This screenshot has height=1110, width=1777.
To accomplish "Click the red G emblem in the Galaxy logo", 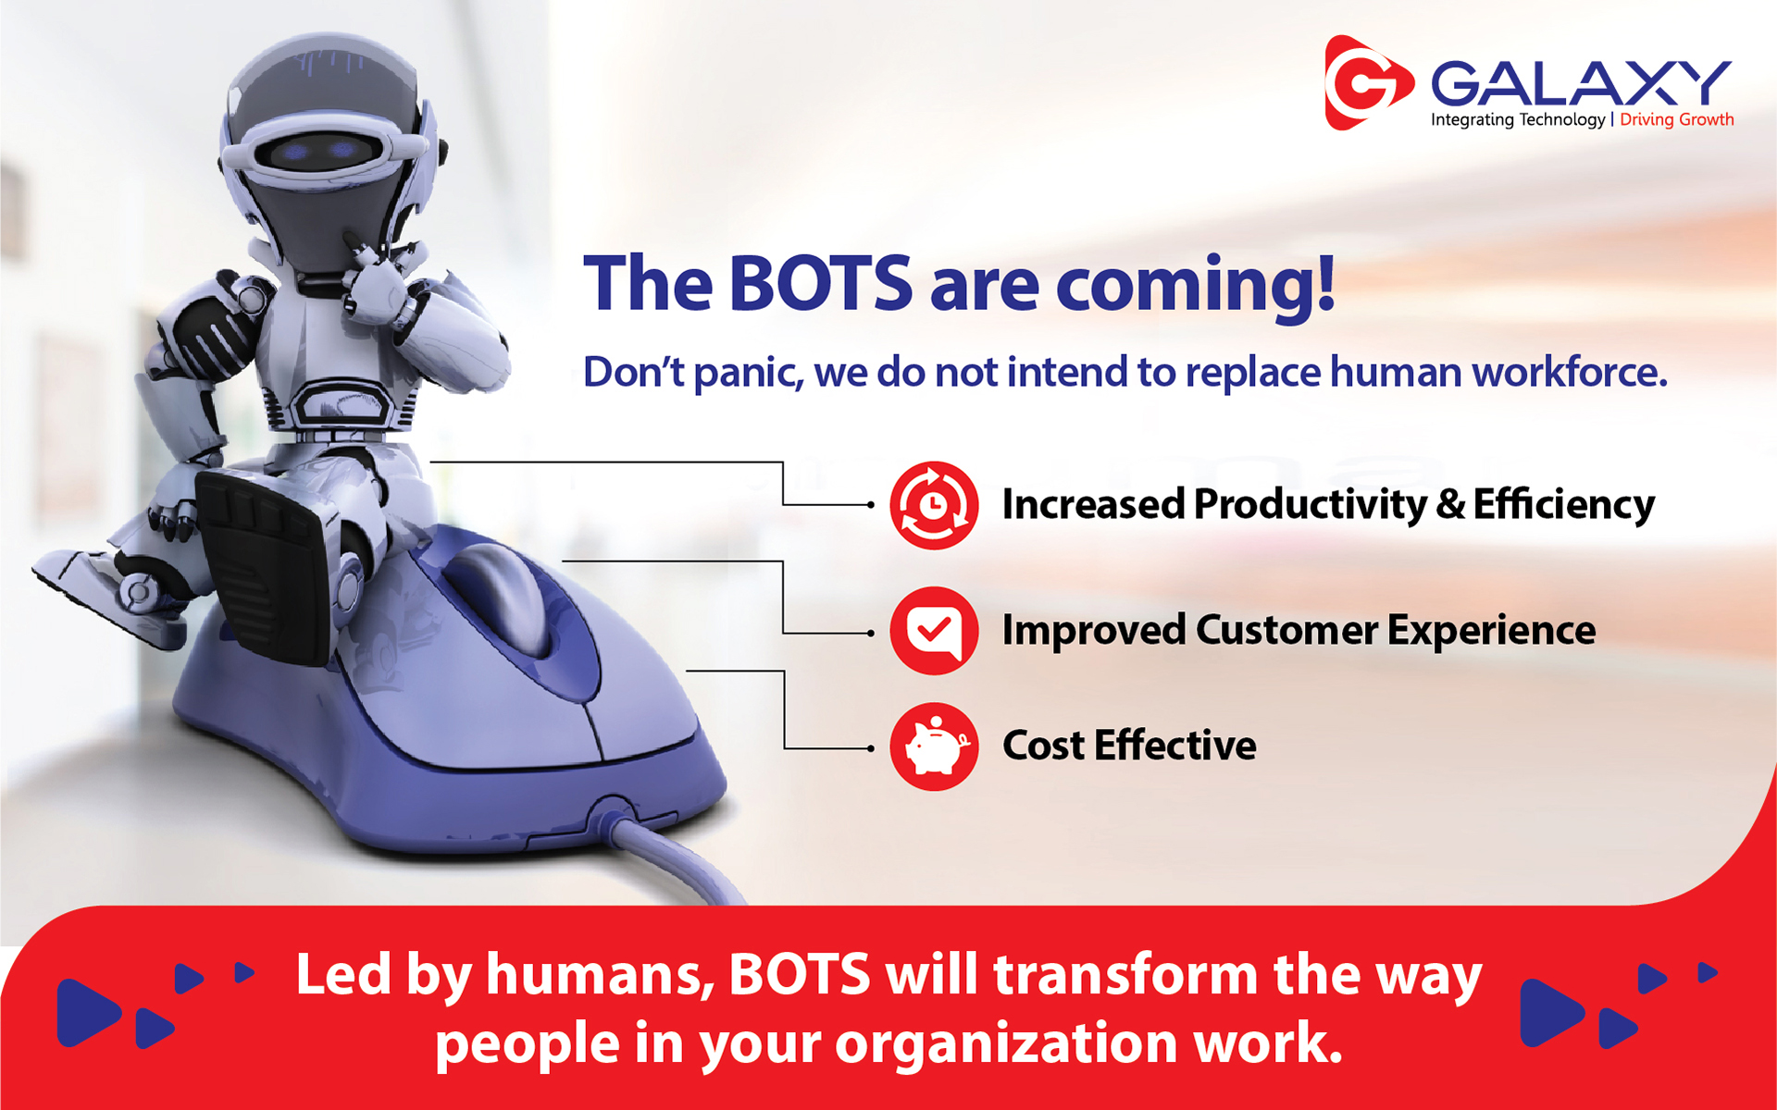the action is coord(1368,83).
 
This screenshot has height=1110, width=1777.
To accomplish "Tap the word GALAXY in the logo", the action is coord(1581,83).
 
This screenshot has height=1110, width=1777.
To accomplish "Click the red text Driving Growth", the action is coord(1676,119).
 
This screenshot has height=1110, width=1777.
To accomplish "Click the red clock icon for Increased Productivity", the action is coord(934,505).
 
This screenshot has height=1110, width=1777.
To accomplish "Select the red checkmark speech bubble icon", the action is coord(934,631).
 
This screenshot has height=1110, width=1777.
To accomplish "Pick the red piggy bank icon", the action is coord(934,746).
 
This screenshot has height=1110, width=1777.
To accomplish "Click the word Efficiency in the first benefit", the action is coord(1563,506).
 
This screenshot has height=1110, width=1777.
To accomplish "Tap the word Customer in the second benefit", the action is coord(1286,631).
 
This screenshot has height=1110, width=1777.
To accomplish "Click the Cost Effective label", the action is coord(1129,746).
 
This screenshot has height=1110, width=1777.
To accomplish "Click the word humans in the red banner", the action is coord(601,975).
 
